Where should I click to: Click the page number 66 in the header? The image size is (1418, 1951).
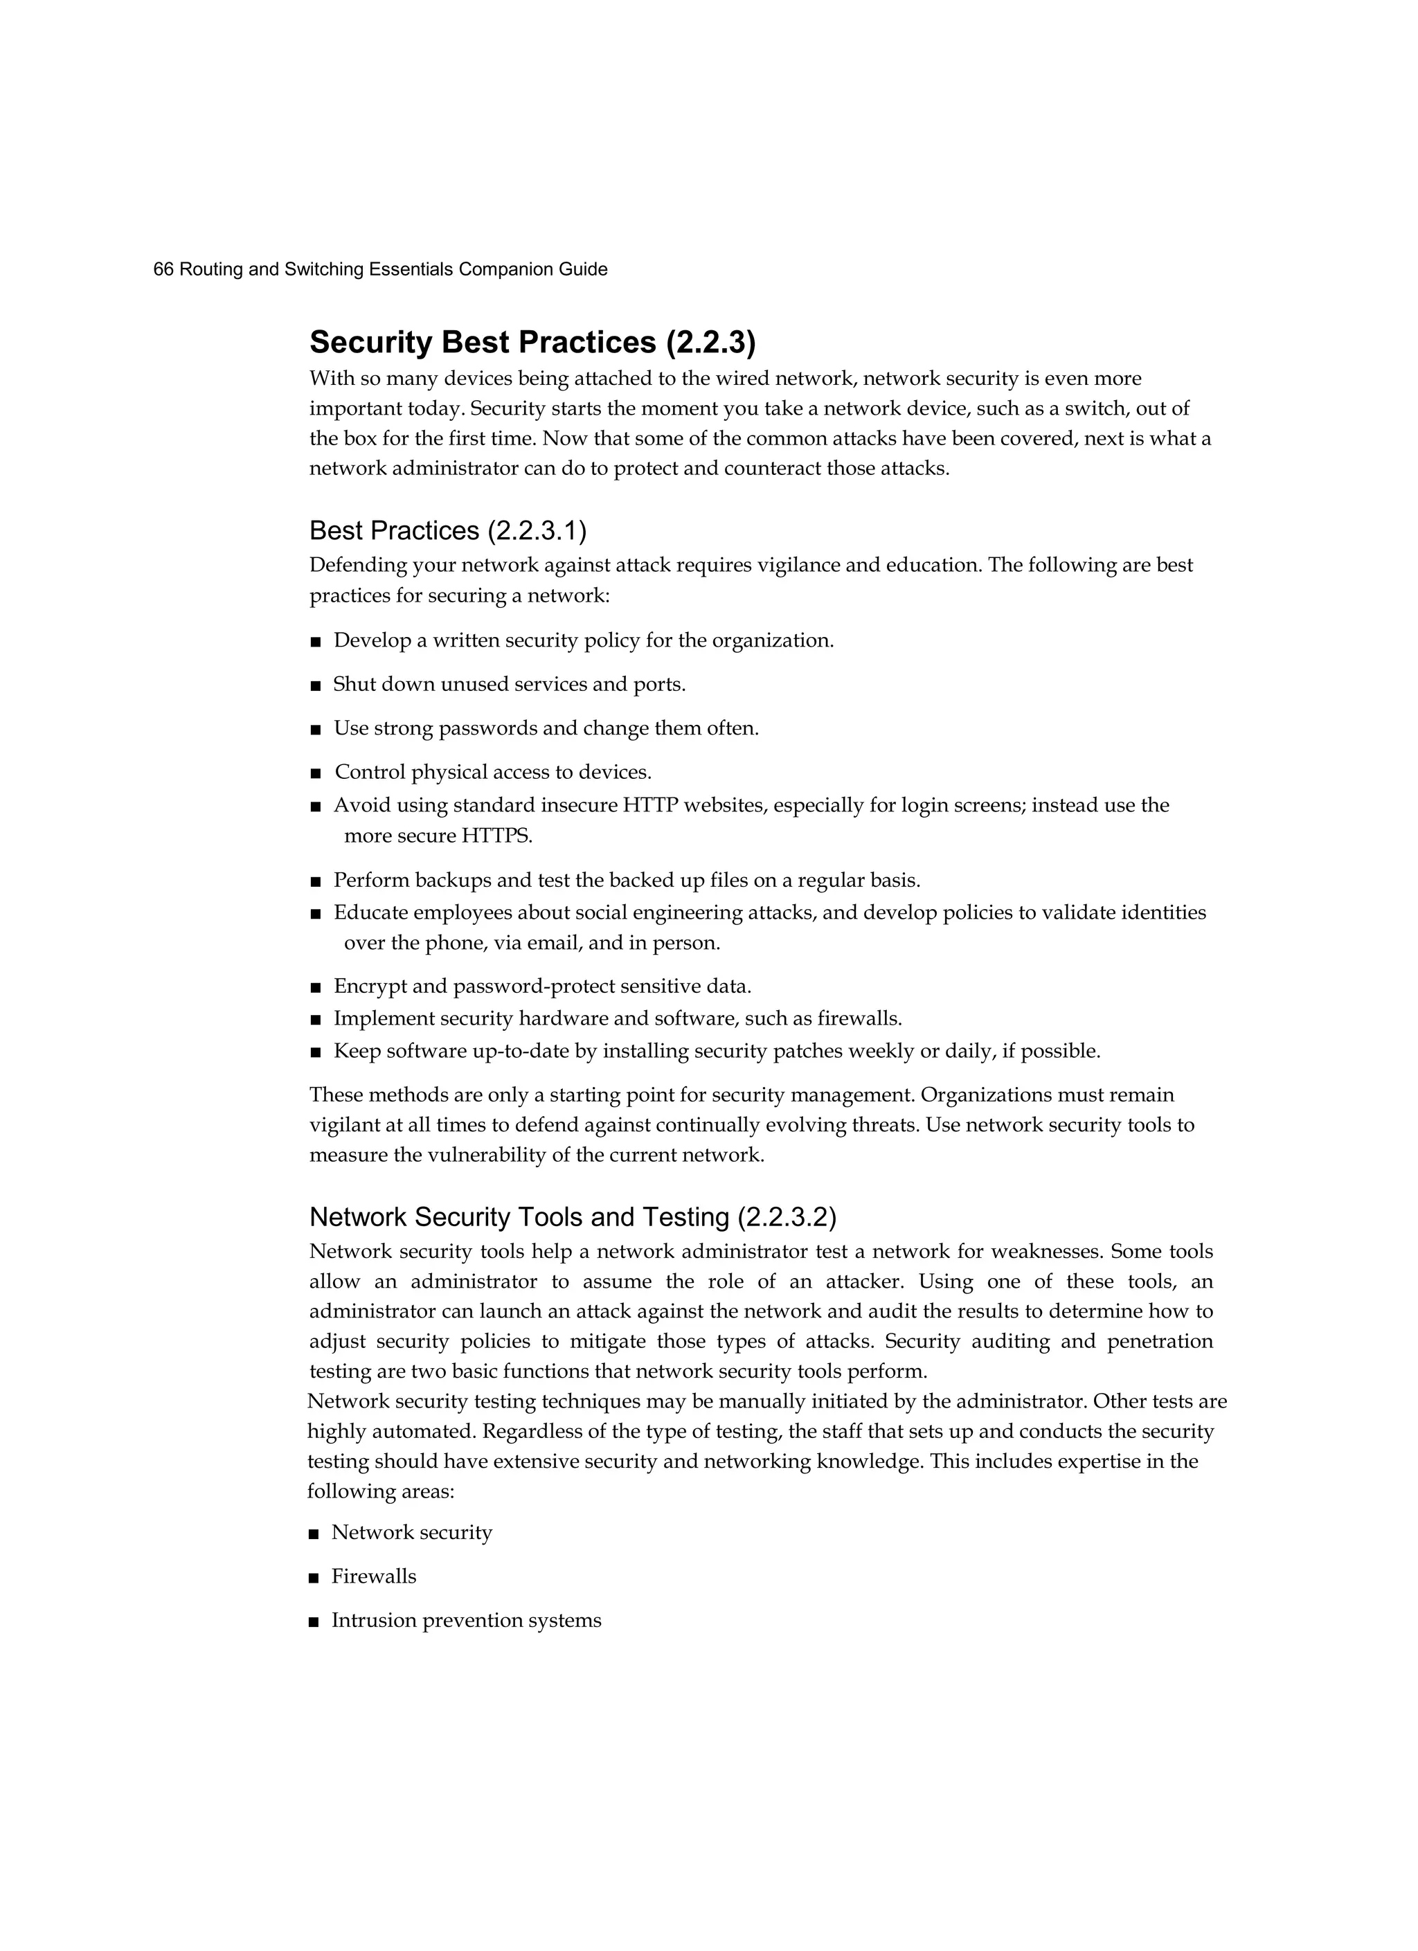(x=163, y=269)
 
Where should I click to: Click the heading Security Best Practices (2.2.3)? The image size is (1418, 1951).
(x=532, y=343)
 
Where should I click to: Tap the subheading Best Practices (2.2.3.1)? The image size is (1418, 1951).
(x=447, y=531)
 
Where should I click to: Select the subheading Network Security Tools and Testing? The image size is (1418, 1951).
(x=572, y=1217)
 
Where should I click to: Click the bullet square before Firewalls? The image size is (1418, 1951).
(x=314, y=1578)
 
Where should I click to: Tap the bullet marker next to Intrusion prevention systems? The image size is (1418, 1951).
(x=314, y=1621)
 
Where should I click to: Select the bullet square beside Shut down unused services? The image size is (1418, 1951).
(x=315, y=685)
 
